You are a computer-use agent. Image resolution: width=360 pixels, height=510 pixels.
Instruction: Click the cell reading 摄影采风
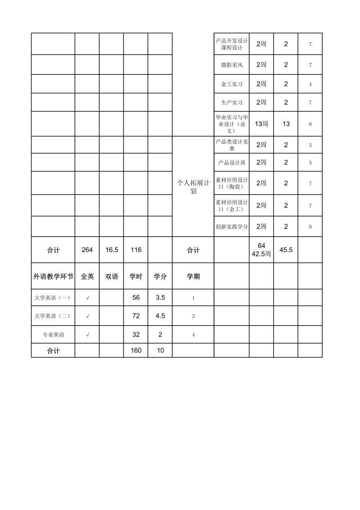click(x=232, y=65)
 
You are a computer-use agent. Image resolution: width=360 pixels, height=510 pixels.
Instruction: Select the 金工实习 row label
click(x=232, y=84)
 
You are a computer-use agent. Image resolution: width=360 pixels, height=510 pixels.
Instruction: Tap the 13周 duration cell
click(x=261, y=124)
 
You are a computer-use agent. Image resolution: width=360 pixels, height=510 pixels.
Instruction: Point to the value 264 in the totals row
click(x=87, y=250)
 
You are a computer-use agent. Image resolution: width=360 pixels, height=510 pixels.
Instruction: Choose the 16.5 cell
click(x=111, y=250)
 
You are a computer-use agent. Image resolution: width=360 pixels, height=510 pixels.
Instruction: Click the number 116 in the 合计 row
click(x=136, y=250)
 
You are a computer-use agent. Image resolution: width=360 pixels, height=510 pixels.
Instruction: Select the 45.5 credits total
click(x=286, y=249)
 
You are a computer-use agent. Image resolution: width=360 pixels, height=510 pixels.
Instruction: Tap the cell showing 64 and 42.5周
click(x=261, y=250)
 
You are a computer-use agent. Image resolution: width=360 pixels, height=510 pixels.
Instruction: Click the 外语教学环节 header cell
click(x=53, y=276)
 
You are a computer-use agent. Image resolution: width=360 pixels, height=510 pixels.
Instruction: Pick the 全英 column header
click(x=87, y=276)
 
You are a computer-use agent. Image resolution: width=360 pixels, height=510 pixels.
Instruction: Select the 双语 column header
click(x=111, y=276)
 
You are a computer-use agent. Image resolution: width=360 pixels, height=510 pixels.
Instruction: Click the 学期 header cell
click(x=193, y=276)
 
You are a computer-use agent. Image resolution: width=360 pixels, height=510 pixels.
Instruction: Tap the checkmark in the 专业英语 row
click(x=87, y=335)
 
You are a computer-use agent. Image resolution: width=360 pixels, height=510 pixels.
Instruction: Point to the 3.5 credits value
click(x=160, y=298)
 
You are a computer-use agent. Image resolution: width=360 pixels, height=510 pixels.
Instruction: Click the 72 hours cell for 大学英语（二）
click(x=136, y=316)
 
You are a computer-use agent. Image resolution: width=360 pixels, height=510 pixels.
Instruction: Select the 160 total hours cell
click(x=136, y=350)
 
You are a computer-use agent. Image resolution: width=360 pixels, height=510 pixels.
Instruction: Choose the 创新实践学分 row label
click(x=232, y=227)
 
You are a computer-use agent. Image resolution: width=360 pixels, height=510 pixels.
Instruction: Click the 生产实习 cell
click(x=232, y=102)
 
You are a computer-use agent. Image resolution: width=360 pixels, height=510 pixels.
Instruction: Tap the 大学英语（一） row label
click(x=53, y=298)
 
